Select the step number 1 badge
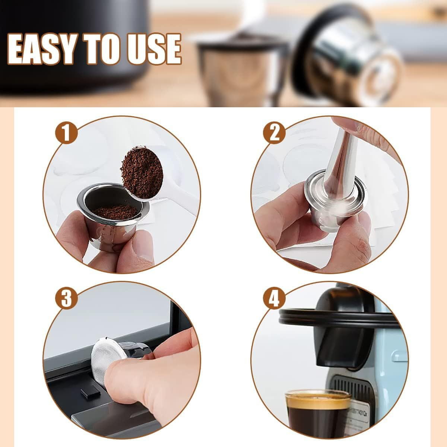tap(66, 133)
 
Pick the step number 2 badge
tap(275, 133)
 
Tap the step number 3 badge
tap(66, 298)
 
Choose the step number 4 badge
tap(275, 298)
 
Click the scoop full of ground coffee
tap(142, 172)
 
